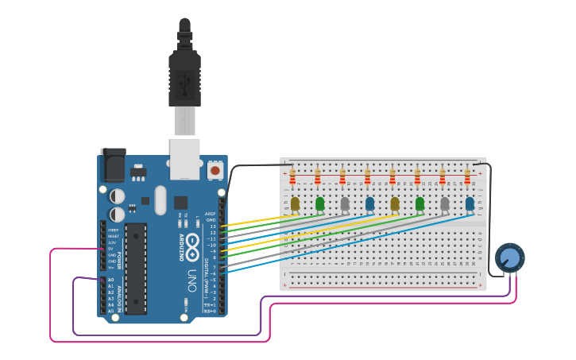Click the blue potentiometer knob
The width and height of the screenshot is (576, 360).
tap(509, 257)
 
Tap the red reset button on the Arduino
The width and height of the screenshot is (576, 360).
tap(215, 170)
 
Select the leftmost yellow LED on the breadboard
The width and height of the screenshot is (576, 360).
tap(295, 204)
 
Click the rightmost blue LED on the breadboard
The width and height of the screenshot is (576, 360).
tap(470, 204)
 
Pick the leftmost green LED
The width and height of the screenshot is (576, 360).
tap(319, 204)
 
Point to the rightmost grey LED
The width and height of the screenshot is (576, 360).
tap(445, 204)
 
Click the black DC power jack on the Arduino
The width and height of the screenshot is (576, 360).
tap(112, 165)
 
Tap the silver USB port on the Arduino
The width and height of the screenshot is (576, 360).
tap(185, 157)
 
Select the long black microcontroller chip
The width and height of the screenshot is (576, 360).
tap(136, 268)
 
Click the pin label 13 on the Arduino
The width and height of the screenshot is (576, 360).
tap(213, 226)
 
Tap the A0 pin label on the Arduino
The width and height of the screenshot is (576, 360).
tap(110, 280)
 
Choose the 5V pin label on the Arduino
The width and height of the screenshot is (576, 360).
tap(111, 249)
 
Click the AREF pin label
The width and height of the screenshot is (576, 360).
tap(211, 214)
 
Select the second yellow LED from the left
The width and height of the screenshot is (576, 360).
tap(395, 204)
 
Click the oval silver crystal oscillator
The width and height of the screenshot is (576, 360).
tap(160, 200)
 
